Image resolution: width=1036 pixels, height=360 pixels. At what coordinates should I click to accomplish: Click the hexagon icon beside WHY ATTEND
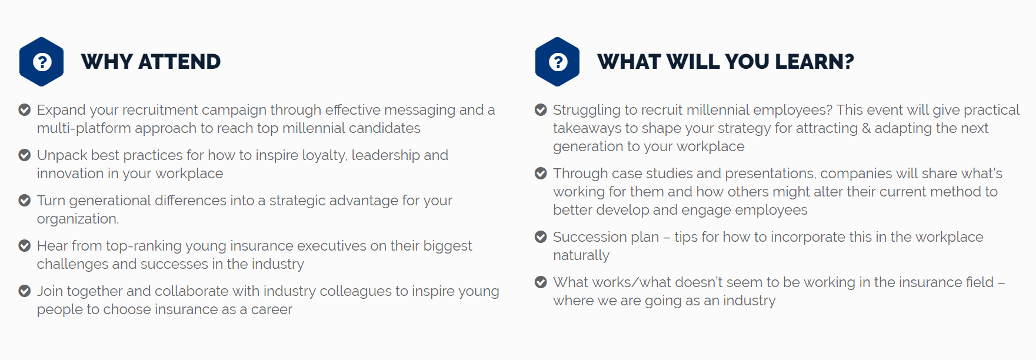[41, 62]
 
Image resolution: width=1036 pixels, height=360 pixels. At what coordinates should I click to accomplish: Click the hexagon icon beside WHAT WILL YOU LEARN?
[557, 62]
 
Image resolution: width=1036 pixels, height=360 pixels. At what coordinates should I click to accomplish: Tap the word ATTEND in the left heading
[179, 62]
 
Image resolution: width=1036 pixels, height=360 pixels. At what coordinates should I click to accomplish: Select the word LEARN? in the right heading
[814, 62]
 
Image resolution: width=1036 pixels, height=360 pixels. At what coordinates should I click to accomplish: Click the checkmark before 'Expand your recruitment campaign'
[25, 109]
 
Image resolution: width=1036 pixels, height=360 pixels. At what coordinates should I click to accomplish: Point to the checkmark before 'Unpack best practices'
[25, 155]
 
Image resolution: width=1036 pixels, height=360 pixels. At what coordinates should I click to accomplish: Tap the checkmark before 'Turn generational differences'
[25, 200]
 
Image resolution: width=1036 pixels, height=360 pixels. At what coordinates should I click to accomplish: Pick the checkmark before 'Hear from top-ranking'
[25, 245]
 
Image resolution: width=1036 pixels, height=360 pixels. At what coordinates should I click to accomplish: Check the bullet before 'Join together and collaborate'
[25, 291]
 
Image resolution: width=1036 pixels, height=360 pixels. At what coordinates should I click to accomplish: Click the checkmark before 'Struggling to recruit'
[541, 109]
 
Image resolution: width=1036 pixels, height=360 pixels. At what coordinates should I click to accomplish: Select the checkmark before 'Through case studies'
[541, 173]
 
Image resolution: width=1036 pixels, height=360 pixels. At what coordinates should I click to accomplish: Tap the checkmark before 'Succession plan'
[541, 236]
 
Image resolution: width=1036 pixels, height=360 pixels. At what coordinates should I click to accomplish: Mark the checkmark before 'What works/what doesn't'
[541, 282]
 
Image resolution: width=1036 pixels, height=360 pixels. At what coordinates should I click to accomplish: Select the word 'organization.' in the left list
[78, 219]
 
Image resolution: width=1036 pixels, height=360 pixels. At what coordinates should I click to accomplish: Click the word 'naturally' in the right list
[581, 255]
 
